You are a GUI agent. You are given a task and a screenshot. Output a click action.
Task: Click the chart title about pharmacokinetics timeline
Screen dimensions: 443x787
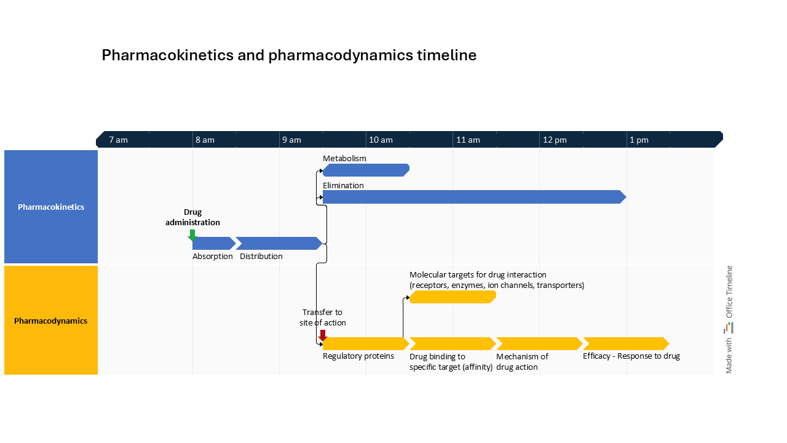[289, 55]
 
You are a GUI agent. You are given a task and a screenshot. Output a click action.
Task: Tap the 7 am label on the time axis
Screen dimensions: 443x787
[119, 140]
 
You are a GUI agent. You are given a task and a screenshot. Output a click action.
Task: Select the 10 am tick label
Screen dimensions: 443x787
[381, 140]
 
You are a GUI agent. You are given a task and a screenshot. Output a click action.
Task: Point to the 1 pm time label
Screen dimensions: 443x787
[639, 140]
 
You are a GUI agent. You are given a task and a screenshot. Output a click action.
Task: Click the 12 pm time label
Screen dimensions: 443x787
[555, 140]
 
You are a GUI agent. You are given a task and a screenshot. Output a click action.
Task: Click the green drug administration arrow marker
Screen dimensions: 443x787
[192, 235]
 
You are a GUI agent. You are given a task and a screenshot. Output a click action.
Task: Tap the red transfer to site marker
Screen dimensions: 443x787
[323, 335]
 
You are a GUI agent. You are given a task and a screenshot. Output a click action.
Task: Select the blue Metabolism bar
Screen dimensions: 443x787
[366, 170]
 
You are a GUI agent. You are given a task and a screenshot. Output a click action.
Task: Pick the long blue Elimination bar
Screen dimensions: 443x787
[473, 197]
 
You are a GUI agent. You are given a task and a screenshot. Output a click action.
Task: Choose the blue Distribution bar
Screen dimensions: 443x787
[279, 243]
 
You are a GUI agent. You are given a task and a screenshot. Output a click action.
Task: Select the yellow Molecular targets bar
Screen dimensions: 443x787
[452, 297]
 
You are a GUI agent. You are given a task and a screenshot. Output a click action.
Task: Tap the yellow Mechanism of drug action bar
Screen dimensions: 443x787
[539, 343]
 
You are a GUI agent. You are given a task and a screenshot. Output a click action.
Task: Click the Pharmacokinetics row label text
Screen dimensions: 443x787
[51, 207]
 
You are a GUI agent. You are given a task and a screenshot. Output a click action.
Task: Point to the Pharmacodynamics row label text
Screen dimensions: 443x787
[51, 321]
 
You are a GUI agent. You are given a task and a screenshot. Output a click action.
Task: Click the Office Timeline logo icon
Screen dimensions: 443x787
[729, 327]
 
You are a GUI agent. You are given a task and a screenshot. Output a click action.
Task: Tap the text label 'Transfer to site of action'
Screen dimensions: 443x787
[323, 317]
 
